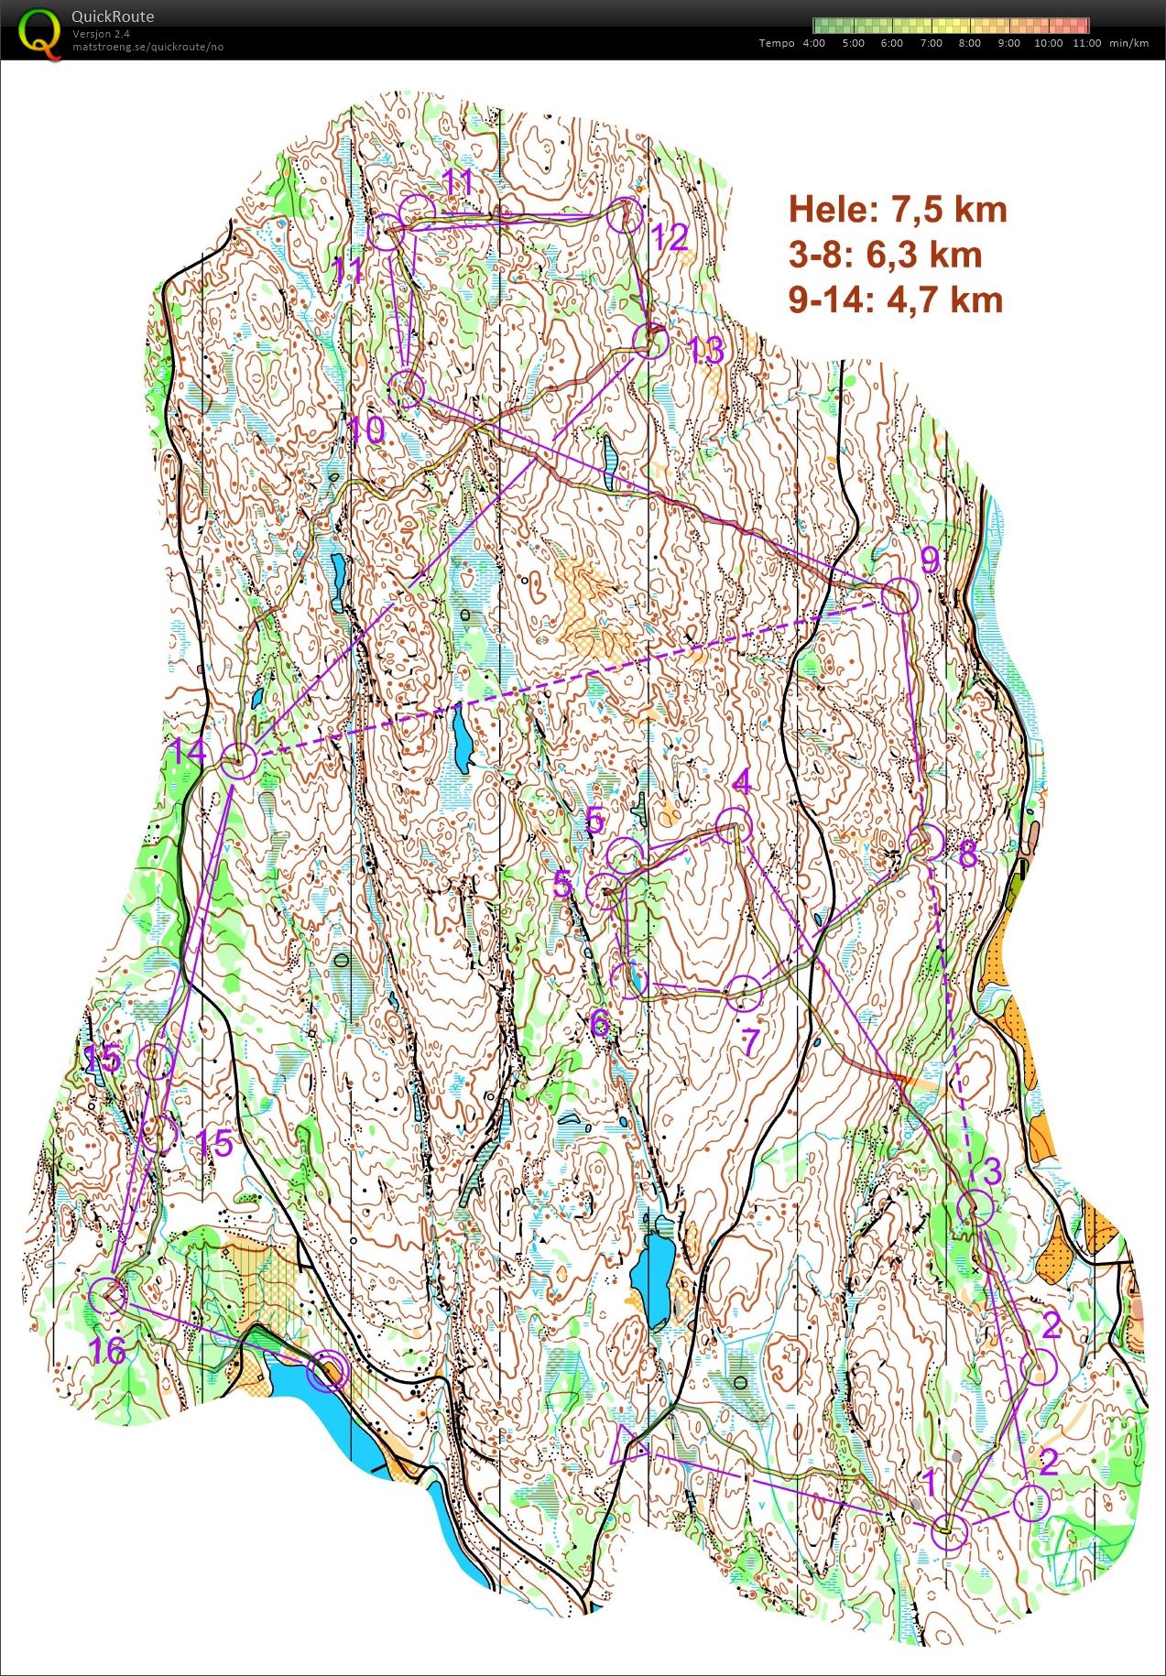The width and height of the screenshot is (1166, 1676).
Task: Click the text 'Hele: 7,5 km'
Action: [898, 210]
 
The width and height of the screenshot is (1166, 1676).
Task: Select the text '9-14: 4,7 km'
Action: [896, 299]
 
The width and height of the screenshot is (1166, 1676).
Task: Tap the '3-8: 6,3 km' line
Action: [885, 255]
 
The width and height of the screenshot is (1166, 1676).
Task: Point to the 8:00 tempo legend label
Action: [969, 43]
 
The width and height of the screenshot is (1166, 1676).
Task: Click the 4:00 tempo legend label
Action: [813, 43]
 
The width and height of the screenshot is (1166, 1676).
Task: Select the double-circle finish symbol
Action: [328, 1371]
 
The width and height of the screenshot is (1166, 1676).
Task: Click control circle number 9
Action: [899, 595]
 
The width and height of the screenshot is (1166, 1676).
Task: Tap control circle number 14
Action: [238, 761]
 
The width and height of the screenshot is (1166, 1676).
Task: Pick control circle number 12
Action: [627, 215]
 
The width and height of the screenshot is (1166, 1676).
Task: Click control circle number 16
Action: [108, 1296]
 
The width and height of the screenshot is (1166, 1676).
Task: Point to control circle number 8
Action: [926, 841]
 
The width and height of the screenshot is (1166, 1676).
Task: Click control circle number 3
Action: [975, 1208]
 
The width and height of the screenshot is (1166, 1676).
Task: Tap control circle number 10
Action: [407, 389]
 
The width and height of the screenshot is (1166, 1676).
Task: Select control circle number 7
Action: [744, 993]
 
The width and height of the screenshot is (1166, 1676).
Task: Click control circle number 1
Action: [950, 1532]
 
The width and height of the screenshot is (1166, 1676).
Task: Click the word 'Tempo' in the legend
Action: [777, 43]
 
